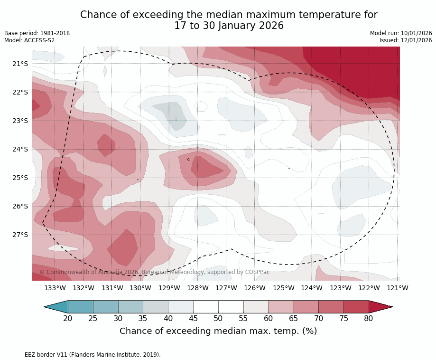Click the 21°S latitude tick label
(x=20, y=64)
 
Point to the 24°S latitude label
(x=20, y=149)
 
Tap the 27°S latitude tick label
(x=20, y=235)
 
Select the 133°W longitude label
(x=55, y=288)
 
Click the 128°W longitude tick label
(x=198, y=288)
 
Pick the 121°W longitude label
(x=398, y=288)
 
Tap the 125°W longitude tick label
(x=283, y=288)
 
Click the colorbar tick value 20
(x=68, y=318)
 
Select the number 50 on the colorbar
(x=218, y=318)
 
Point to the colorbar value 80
(x=369, y=318)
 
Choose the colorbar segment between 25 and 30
(x=106, y=307)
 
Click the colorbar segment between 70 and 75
(x=331, y=307)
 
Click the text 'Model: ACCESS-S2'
(x=29, y=40)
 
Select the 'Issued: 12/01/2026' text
(x=406, y=40)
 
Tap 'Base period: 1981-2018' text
(x=37, y=33)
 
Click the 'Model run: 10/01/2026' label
(x=401, y=33)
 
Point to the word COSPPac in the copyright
(x=257, y=272)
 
